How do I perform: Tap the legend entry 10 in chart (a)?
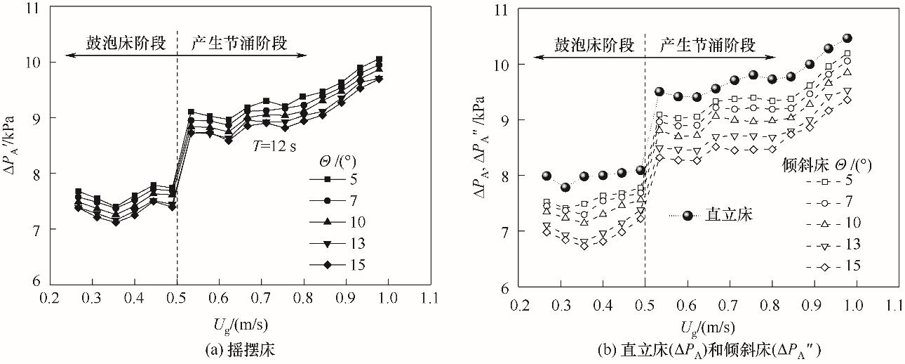click(x=356, y=222)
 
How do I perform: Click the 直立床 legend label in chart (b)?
click(x=730, y=216)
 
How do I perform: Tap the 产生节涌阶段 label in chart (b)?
click(x=709, y=46)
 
